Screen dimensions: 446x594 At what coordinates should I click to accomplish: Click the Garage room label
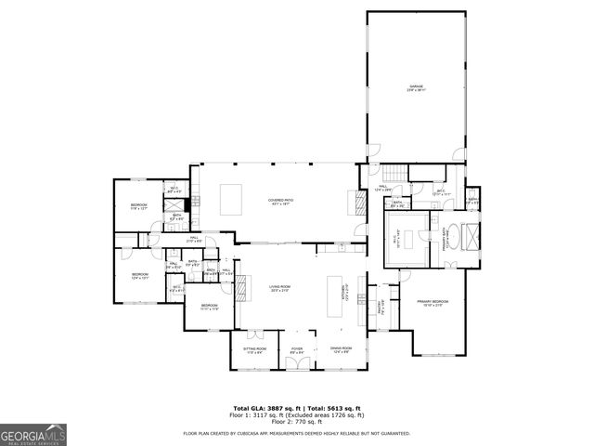pos(414,89)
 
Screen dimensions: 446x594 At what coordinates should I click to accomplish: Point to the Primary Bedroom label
pos(433,302)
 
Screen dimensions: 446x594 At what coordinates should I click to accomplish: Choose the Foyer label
pos(297,350)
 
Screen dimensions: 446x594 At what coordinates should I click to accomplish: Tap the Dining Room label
pos(340,350)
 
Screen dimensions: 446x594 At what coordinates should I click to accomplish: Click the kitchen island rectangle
pos(335,296)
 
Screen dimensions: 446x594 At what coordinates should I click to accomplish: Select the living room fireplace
pos(240,290)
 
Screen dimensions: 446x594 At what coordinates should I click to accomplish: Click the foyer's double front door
pos(297,363)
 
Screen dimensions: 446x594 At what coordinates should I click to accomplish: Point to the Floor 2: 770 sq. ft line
pos(297,423)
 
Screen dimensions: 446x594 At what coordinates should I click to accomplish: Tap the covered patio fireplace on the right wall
pos(353,202)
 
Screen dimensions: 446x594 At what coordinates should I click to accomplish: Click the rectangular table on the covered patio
pos(231,198)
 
